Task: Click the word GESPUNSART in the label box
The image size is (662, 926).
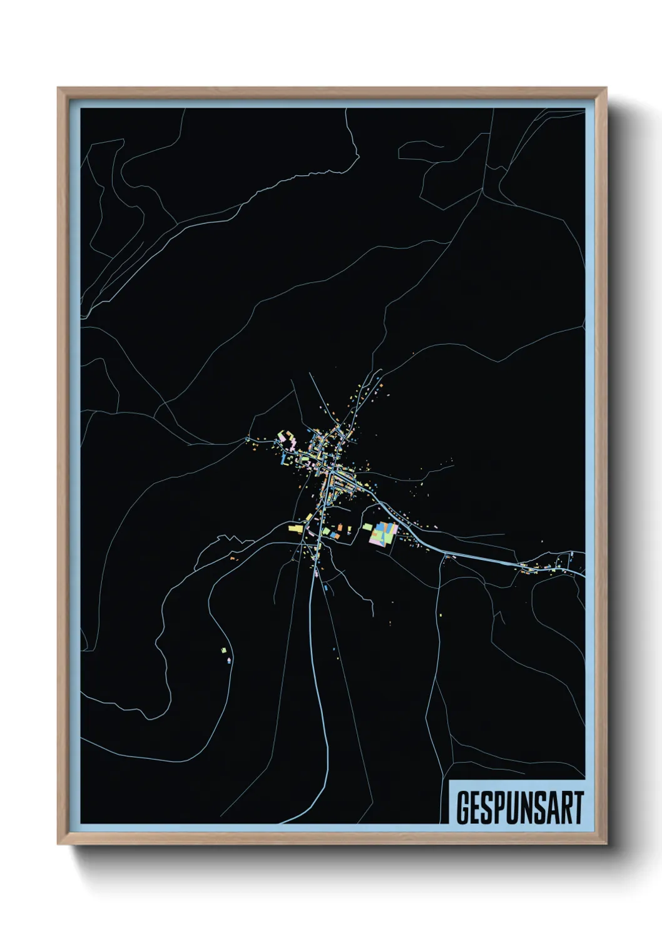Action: tap(519, 808)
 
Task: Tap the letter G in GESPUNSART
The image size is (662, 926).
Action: tap(464, 808)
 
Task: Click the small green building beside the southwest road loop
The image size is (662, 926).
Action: tap(223, 651)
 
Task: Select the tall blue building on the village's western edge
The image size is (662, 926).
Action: tap(283, 459)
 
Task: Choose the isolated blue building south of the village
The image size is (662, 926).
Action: tap(326, 588)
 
